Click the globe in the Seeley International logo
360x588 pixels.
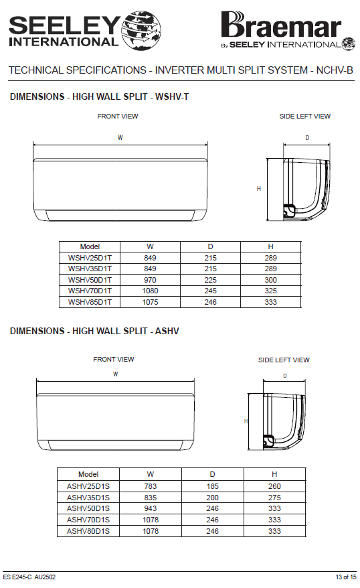tap(141, 30)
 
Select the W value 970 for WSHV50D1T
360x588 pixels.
tap(150, 280)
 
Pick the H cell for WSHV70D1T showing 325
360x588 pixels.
tap(270, 291)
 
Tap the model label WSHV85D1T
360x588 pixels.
tap(90, 302)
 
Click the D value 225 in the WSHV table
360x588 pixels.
tap(211, 280)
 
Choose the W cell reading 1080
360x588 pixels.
tap(150, 291)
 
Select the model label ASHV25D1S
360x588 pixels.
tap(88, 486)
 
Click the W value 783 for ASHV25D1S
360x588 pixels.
tap(150, 486)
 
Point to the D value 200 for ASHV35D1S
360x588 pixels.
tap(212, 498)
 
